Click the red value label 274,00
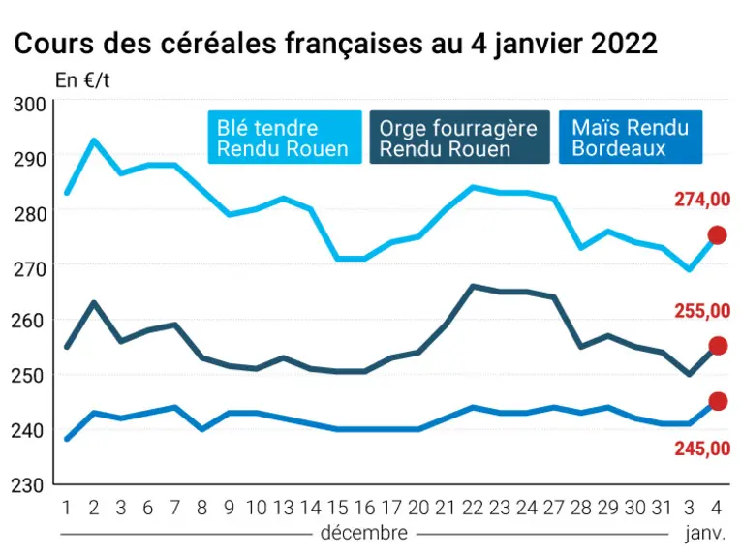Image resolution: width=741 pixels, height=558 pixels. coord(702,200)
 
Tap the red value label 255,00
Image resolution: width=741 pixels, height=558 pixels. coord(702,311)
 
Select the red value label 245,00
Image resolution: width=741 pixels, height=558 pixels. coord(702,449)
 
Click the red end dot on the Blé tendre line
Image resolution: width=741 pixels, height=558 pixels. coord(717,234)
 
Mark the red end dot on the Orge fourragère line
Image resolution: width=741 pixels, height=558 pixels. coord(718,346)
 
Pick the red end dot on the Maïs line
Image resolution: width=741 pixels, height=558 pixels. coord(718,401)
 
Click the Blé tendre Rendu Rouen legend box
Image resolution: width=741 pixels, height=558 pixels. coord(285,138)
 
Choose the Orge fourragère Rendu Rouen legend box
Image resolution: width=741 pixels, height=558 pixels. coord(459,138)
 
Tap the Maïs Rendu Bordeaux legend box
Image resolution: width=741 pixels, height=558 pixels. coord(631,138)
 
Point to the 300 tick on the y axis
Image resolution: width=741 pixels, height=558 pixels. coord(29,105)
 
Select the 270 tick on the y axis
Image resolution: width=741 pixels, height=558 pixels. coord(29,269)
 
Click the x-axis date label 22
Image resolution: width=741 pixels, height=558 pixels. coord(473,508)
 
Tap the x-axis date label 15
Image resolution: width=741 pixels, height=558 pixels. coord(337,508)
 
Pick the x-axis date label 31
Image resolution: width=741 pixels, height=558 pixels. coord(662,508)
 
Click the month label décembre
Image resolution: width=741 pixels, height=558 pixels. coord(364,533)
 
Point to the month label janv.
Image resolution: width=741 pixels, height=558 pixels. coord(705,534)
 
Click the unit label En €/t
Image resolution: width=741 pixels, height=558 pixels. coord(82,80)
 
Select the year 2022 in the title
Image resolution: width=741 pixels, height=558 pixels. coord(624,44)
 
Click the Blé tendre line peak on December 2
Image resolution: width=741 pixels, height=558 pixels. coord(94,140)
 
